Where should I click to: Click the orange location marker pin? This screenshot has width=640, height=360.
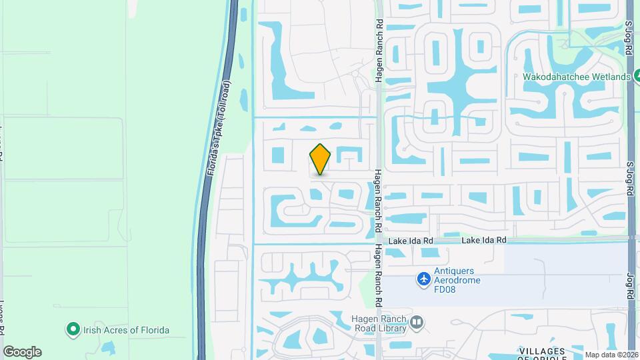click(x=321, y=159)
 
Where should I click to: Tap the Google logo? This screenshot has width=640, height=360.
click(x=22, y=352)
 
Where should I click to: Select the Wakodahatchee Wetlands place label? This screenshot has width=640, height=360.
click(x=577, y=77)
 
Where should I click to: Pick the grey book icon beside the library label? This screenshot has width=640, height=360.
click(x=417, y=323)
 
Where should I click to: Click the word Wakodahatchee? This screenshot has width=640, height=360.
click(x=557, y=77)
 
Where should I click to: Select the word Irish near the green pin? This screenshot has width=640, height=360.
click(x=91, y=330)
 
